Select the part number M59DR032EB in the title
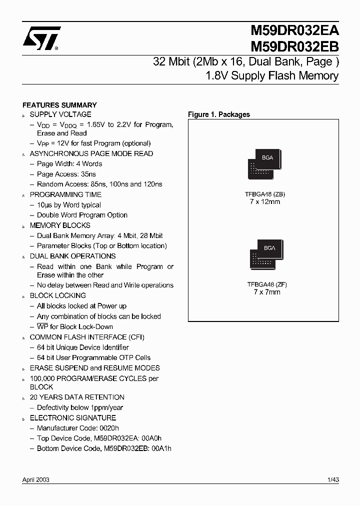[294, 46]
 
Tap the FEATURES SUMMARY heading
[59, 105]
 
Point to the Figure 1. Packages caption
[218, 114]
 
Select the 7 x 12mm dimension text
[264, 201]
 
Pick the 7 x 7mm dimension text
[266, 292]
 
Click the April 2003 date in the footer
[36, 480]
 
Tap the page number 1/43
[333, 480]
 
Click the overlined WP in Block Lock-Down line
[42, 326]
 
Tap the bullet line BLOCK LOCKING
[57, 295]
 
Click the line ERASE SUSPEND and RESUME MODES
[94, 368]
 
